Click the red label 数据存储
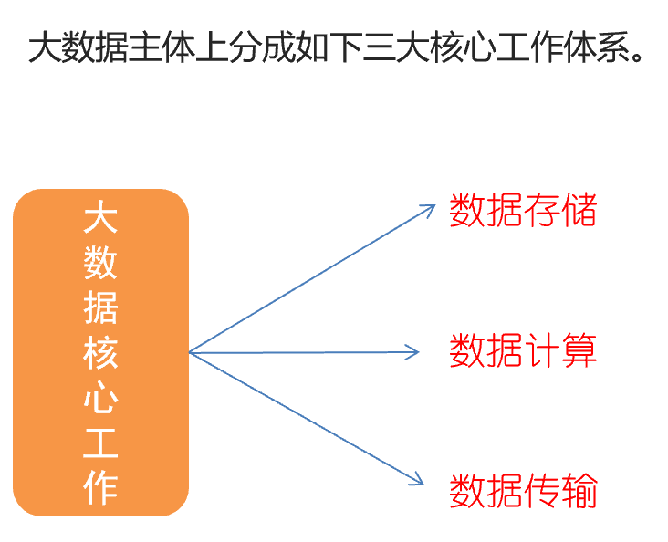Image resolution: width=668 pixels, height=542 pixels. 523,211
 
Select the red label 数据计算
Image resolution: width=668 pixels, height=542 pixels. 523,350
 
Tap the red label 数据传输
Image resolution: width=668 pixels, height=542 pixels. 523,491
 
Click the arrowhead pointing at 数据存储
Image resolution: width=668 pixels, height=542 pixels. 432,207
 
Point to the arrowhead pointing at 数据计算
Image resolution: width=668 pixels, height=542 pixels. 415,351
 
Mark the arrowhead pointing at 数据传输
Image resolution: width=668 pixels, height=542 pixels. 420,481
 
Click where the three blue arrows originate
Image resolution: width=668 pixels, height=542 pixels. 190,352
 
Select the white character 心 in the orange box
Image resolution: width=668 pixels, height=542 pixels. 100,399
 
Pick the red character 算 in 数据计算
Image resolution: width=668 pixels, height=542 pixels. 579,350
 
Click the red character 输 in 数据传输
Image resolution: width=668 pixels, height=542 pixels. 579,491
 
